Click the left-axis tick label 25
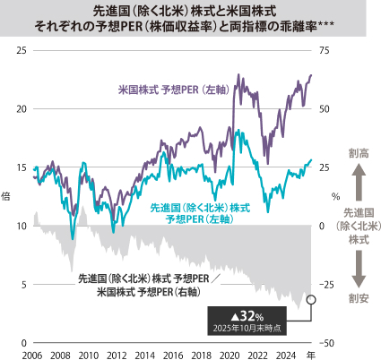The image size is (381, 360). (22, 51)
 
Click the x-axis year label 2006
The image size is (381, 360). (32, 356)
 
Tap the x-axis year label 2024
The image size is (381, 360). (284, 356)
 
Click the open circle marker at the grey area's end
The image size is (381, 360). (311, 300)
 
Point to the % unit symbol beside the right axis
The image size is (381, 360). (336, 195)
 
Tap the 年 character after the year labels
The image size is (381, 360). (309, 356)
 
